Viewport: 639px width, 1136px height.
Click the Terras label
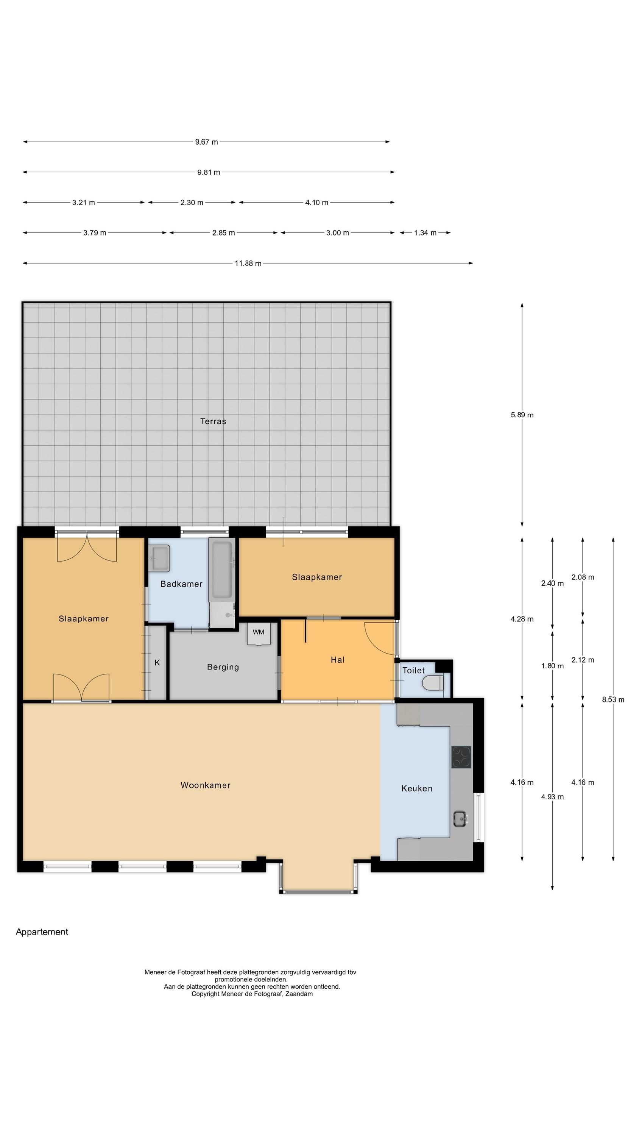coord(213,421)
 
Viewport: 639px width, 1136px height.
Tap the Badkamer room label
coord(181,584)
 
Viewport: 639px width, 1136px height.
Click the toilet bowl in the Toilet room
coord(433,683)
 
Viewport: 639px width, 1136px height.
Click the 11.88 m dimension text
coord(248,263)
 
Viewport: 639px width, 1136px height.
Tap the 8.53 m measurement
coord(613,699)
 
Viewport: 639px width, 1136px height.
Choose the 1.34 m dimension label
coord(425,233)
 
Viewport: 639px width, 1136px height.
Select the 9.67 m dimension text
coord(206,142)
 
